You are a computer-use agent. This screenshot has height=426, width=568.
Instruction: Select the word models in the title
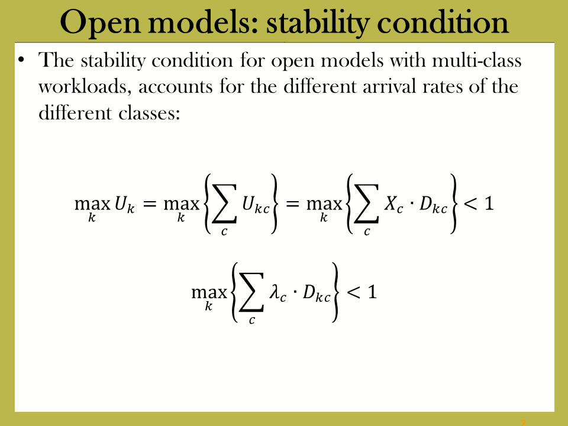click(x=203, y=22)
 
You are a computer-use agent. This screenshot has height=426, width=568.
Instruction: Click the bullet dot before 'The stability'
click(x=21, y=60)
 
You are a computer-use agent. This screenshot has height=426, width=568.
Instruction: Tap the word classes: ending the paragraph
click(x=149, y=113)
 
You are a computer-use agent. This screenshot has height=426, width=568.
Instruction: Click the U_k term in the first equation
click(x=125, y=205)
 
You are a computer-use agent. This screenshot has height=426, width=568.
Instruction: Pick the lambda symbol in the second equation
click(x=277, y=293)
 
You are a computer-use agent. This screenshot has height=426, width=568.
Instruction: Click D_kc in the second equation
click(x=317, y=293)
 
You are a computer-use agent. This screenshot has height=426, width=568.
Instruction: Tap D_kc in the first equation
click(x=433, y=205)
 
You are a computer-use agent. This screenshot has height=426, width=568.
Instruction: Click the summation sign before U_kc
click(x=225, y=204)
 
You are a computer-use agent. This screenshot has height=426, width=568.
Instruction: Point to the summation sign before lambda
click(x=252, y=292)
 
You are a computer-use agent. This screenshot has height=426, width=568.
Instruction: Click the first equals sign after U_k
click(x=150, y=204)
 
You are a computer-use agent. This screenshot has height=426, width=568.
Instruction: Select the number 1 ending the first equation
click(x=489, y=204)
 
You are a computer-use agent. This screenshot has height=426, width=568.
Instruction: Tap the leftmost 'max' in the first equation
click(x=92, y=205)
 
